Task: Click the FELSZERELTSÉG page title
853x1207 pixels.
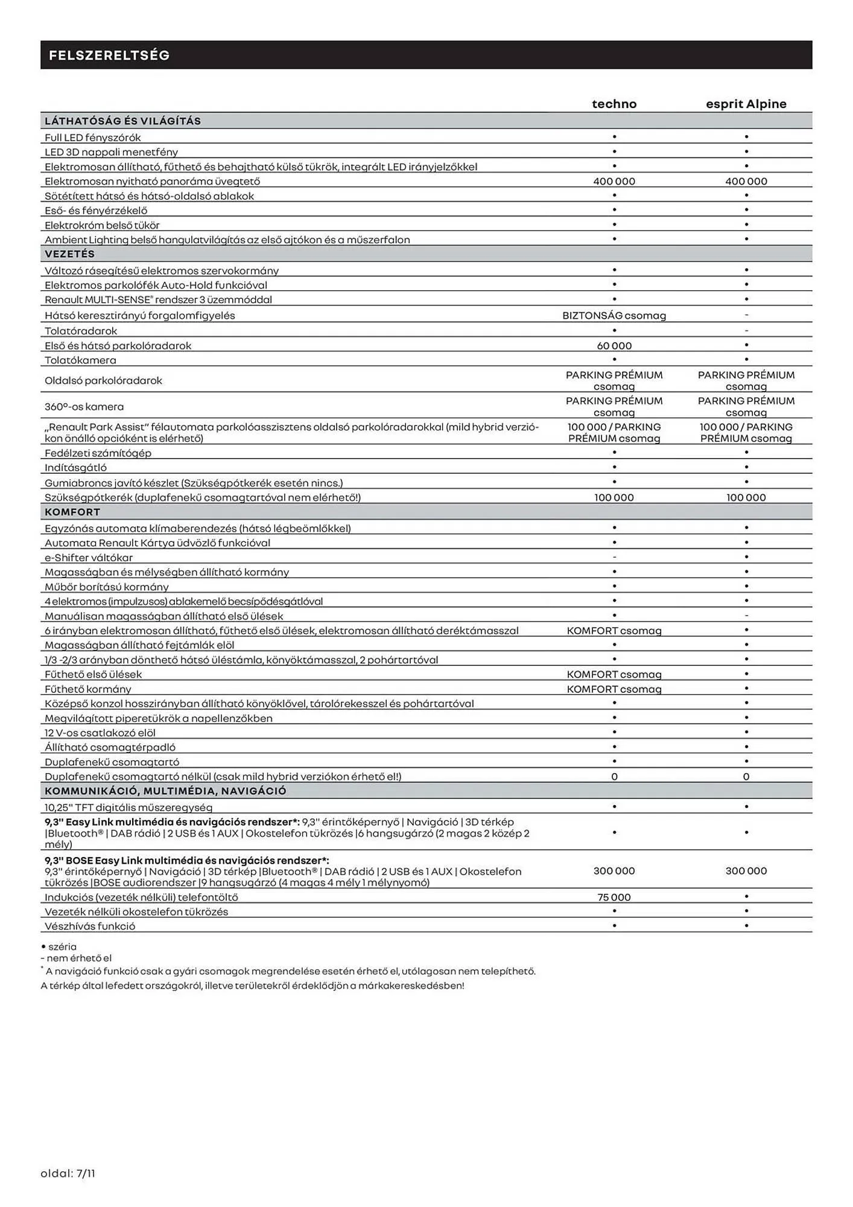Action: click(109, 56)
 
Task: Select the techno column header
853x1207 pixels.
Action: click(614, 104)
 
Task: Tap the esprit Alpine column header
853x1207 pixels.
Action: click(746, 104)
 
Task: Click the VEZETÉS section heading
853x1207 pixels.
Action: click(70, 254)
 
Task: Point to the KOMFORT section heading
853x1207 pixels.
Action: click(72, 512)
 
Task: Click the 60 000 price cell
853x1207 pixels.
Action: click(614, 346)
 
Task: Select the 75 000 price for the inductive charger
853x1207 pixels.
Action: click(614, 897)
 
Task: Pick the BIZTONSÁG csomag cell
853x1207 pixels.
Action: click(614, 315)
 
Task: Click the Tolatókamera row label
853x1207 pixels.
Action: click(81, 360)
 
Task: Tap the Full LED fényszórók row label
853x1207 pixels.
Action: click(93, 138)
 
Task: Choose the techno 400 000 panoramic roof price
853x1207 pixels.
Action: click(614, 181)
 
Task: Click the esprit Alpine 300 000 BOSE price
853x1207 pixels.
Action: click(746, 871)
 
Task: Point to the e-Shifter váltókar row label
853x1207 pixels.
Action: click(89, 558)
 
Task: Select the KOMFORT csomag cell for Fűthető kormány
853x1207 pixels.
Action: click(614, 689)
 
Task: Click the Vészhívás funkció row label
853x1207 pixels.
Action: click(90, 926)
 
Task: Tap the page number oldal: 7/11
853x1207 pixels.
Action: click(68, 1173)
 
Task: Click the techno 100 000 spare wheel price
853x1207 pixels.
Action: click(614, 497)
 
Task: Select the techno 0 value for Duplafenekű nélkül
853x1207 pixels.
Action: click(614, 777)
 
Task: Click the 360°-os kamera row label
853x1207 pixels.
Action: click(84, 407)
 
